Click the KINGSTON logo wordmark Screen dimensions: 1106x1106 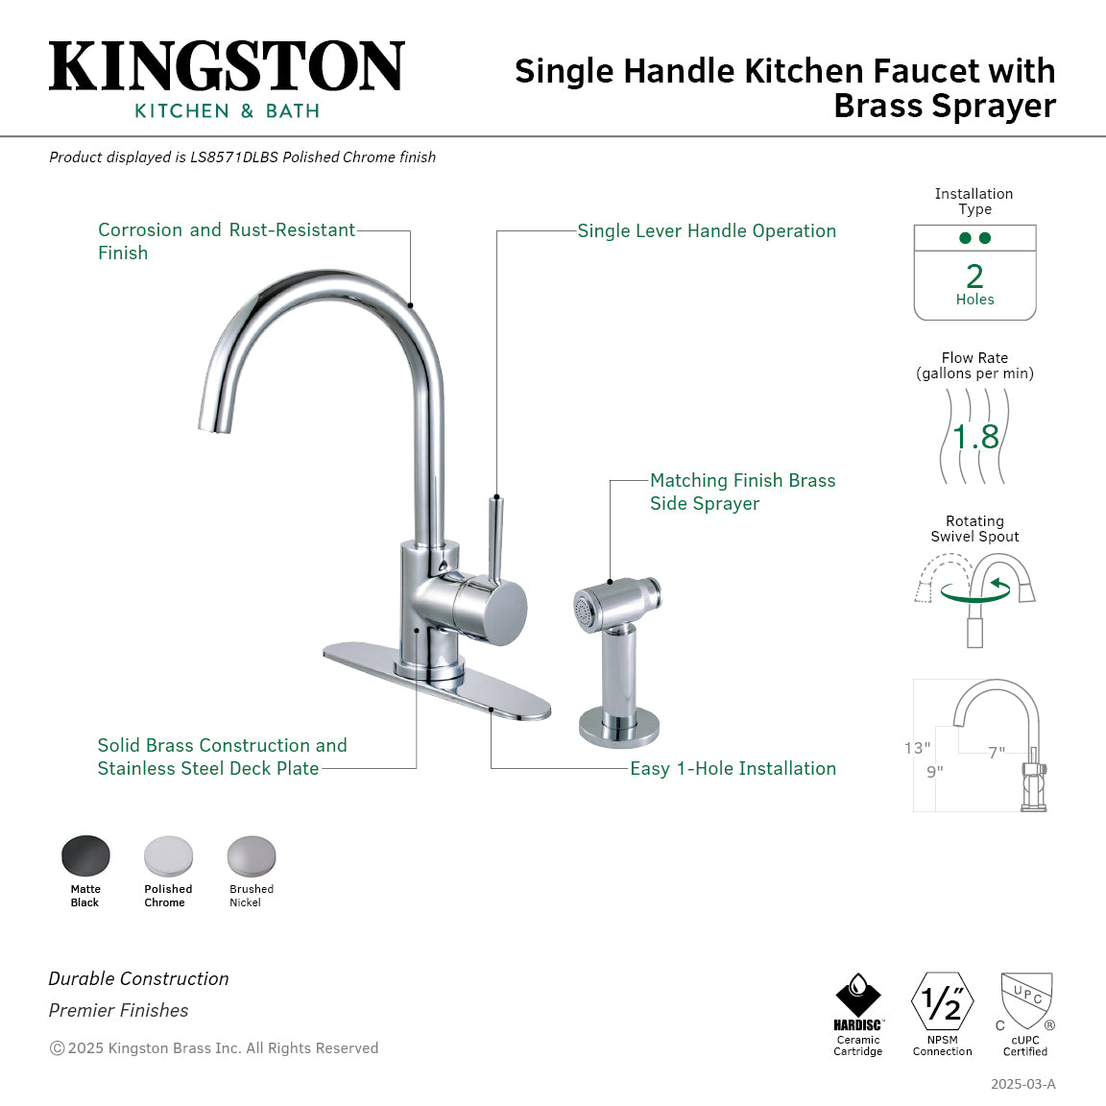pos(227,67)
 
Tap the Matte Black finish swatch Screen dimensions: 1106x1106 pos(85,854)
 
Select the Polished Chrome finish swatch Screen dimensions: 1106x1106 pos(168,854)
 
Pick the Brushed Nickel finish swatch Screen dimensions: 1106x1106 pos(252,854)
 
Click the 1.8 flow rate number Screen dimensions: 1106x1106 pos(975,437)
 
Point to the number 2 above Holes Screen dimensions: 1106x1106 pos(974,276)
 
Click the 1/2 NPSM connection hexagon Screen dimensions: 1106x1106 pos(942,1001)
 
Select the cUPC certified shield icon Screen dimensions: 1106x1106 pos(1026,1000)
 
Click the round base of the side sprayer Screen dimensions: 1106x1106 pos(619,726)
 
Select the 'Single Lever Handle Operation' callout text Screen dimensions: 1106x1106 pos(706,231)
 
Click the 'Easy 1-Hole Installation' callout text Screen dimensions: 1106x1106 pos(733,769)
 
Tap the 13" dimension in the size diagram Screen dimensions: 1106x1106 pos(917,748)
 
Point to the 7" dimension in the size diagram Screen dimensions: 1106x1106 pos(997,753)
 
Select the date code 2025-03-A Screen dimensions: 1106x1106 pos(1022,1084)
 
